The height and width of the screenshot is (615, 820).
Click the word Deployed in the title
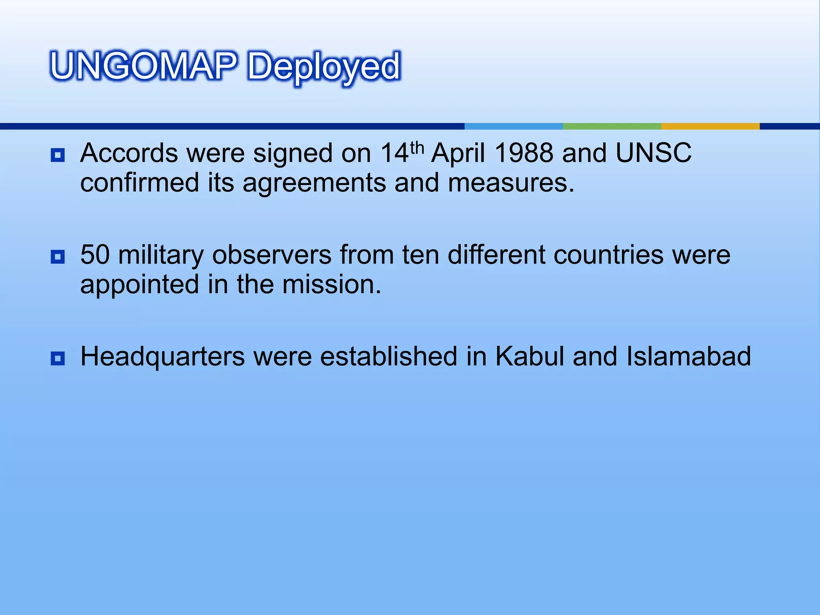[x=324, y=67]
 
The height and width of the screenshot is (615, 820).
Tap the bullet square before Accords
[x=58, y=155]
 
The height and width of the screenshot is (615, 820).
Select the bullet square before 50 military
[x=58, y=257]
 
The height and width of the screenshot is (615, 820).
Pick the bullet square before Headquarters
[x=58, y=358]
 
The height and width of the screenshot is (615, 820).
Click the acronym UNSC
[x=653, y=153]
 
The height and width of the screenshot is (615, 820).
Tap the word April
[x=458, y=154]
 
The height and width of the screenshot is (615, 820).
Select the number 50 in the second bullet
[x=95, y=255]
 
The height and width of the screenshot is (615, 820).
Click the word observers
[x=271, y=255]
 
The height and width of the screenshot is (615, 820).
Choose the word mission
[x=331, y=285]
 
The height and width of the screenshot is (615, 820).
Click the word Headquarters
[x=163, y=357]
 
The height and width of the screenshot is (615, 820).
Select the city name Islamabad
[x=688, y=357]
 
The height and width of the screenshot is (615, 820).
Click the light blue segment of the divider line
[x=514, y=127]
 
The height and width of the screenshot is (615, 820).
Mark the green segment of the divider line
[x=612, y=127]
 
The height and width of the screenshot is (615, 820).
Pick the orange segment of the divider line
[x=710, y=127]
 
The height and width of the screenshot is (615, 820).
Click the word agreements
[x=314, y=184]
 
